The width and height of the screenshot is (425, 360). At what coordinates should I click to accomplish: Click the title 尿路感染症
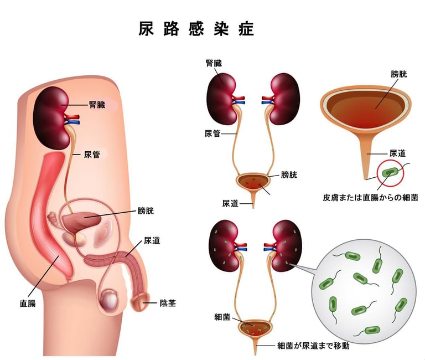[196, 29]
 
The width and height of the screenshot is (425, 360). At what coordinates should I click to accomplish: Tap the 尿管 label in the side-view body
[92, 155]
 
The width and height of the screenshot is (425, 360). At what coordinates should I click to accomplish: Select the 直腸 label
[28, 304]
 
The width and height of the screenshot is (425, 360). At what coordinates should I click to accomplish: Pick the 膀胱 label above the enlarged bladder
[398, 74]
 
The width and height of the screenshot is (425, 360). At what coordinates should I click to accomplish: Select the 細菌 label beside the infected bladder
[222, 317]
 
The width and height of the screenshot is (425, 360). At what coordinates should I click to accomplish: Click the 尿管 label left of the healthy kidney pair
[212, 133]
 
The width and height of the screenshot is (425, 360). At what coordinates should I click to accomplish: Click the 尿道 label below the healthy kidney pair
[230, 203]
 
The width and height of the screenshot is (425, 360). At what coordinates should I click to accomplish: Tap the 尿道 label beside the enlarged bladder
[398, 153]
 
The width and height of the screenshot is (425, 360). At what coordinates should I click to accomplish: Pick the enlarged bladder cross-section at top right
[365, 106]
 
